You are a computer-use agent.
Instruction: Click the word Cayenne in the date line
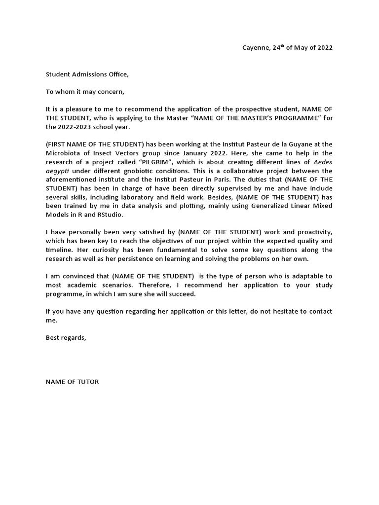tap(256, 48)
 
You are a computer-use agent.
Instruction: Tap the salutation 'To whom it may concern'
tap(85, 91)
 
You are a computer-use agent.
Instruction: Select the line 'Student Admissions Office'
tap(87, 74)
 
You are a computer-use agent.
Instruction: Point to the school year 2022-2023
tap(77, 126)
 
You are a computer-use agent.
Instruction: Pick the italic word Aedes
tap(323, 161)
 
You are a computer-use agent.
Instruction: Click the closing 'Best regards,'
tap(66, 337)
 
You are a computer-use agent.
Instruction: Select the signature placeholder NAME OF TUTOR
tap(72, 382)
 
